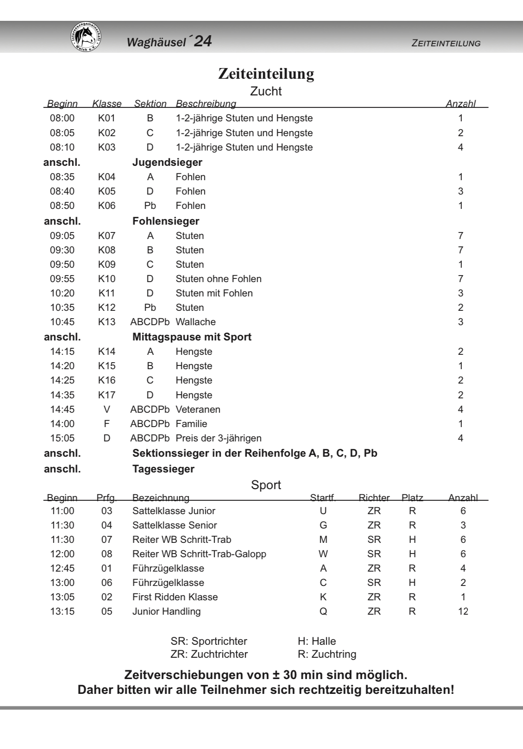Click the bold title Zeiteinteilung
(x=266, y=74)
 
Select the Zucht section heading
(x=266, y=91)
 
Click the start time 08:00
(x=62, y=118)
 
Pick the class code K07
(x=107, y=235)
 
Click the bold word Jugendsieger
(x=167, y=162)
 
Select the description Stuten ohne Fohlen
(x=219, y=279)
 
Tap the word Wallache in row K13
(x=195, y=322)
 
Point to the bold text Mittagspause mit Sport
(x=192, y=337)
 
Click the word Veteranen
(x=198, y=409)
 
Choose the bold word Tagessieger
(x=164, y=469)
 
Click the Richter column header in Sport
(x=374, y=498)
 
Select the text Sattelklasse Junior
(x=174, y=511)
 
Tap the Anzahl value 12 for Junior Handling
(x=463, y=611)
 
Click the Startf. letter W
(x=323, y=554)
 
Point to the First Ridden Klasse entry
(x=175, y=597)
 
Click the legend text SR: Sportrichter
(x=209, y=641)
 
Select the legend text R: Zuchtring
(x=327, y=654)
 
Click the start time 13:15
(x=62, y=611)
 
